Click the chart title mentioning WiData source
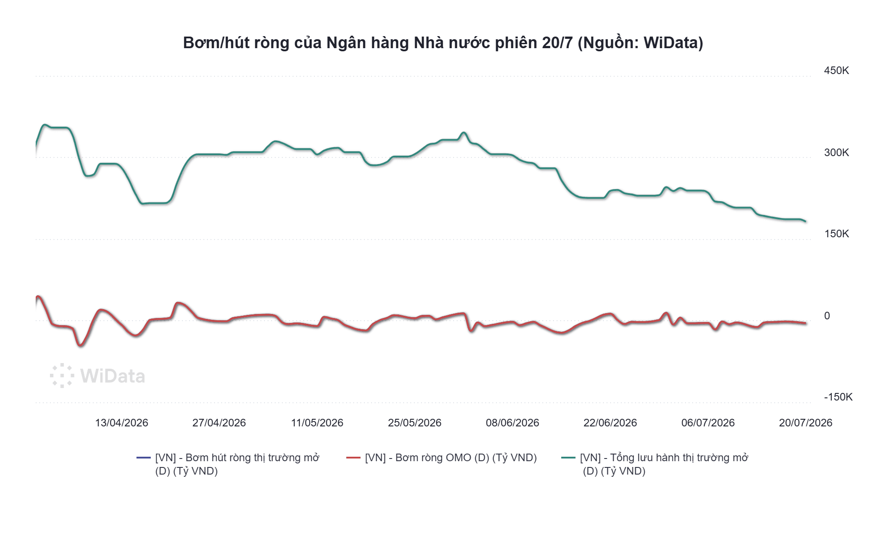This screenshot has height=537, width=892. click(x=443, y=43)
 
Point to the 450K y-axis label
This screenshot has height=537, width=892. click(x=836, y=70)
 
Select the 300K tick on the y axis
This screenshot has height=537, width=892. click(x=836, y=153)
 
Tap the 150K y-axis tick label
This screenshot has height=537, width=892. click(x=836, y=234)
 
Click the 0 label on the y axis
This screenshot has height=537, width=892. click(x=827, y=316)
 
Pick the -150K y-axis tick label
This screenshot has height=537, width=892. click(x=838, y=397)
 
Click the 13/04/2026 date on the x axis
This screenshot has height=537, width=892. click(x=121, y=423)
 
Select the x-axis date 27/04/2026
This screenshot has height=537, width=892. click(x=219, y=423)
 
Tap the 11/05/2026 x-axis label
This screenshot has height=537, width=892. click(x=317, y=423)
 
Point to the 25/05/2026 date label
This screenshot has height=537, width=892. click(x=414, y=423)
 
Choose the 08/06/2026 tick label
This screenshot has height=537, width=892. click(x=512, y=423)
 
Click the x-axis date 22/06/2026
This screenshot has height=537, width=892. click(x=610, y=423)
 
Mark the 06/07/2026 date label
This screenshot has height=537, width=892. click(x=708, y=423)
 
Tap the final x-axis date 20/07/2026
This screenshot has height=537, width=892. click(x=805, y=423)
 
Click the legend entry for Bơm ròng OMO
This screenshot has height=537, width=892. click(x=442, y=458)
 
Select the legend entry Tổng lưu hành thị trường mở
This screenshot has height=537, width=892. click(x=655, y=464)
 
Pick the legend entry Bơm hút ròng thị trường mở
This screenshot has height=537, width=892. click(x=228, y=464)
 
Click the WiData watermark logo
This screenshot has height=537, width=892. click(x=97, y=376)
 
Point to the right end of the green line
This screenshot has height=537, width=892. click(x=805, y=221)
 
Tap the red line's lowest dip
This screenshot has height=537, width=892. click(x=80, y=345)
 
